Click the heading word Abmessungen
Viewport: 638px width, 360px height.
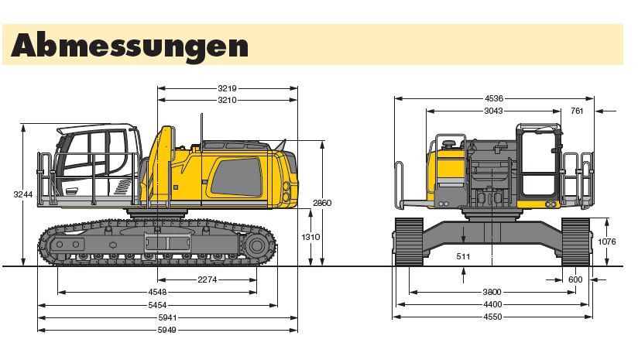point(129,45)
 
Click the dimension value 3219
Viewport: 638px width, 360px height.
point(227,88)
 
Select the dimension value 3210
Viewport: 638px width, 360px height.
point(227,100)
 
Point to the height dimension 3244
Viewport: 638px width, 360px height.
point(23,194)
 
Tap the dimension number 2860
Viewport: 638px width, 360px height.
point(322,203)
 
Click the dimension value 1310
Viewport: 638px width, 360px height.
point(310,237)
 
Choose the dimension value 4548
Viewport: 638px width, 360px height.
point(157,293)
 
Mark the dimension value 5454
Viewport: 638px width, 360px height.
point(157,305)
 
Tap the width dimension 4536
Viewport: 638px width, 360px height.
point(494,98)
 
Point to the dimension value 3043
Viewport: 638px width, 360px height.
point(493,111)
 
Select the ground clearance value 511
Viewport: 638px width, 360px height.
point(463,255)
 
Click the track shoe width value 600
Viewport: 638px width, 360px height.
point(575,279)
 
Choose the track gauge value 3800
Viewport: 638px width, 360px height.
point(492,292)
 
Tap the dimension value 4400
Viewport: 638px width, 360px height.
point(492,304)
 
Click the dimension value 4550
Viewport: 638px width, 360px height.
point(492,317)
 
